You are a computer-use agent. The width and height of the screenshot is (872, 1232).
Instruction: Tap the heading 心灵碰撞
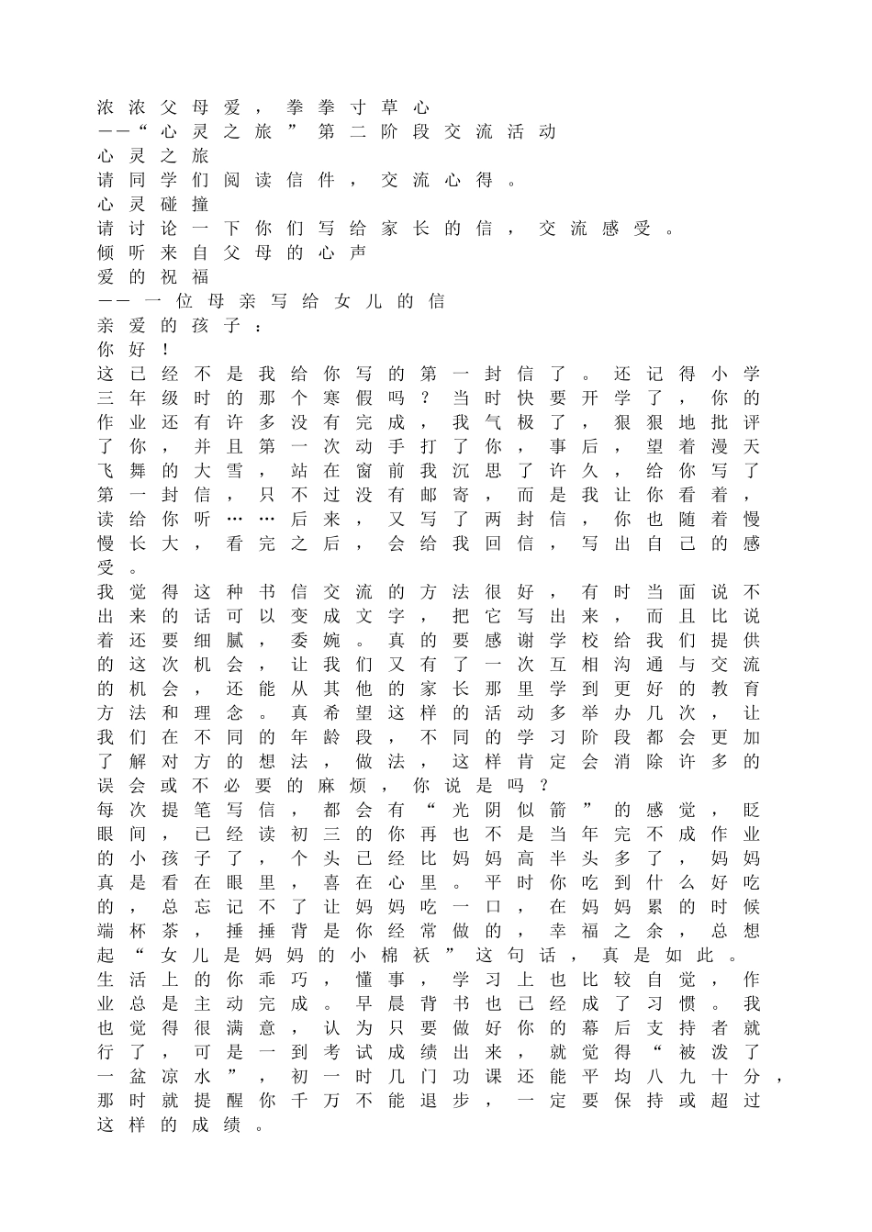153,204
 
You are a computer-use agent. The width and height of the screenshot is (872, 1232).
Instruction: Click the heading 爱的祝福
153,276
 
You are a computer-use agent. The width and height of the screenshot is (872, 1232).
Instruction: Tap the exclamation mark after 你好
165,350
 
